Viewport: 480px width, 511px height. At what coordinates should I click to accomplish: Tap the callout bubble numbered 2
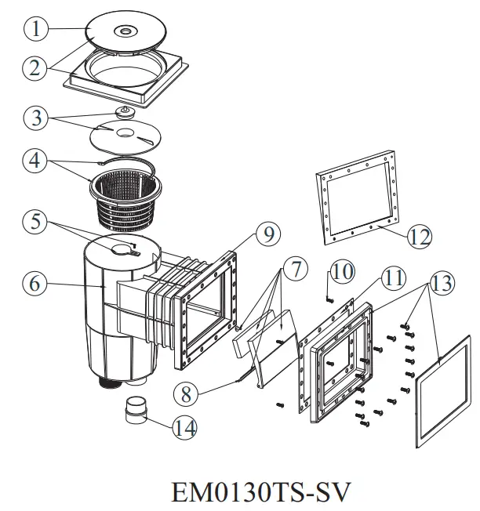coord(36,67)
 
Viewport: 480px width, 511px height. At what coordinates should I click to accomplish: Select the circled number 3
coord(36,118)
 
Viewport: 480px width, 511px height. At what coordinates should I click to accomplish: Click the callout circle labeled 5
coord(36,221)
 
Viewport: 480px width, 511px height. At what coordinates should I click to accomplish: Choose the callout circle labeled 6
coord(36,284)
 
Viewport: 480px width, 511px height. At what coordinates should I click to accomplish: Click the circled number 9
coord(267,232)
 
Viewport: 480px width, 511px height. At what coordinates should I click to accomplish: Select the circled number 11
coord(392,279)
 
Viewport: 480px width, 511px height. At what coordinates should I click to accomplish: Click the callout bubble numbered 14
coord(185,427)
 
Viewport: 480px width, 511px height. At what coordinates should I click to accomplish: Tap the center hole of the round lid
coord(125,31)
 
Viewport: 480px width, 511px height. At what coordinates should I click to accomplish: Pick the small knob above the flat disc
coord(123,113)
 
